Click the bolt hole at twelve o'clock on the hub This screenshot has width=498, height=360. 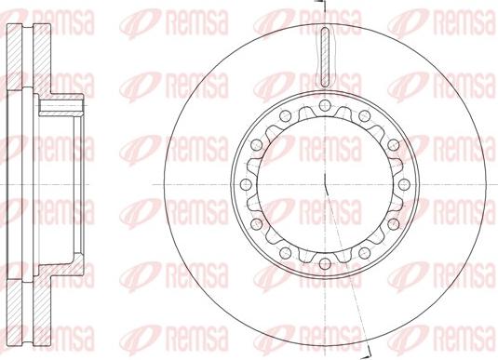coord(324,105)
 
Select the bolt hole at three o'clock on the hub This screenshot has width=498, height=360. coord(404,184)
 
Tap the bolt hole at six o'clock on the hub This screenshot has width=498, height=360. coord(324,264)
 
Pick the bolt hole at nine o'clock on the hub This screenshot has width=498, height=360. coord(245,184)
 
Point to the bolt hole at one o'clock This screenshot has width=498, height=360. coord(364,116)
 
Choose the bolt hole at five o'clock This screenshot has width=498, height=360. coord(364,253)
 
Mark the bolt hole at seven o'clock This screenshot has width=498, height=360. coord(285,253)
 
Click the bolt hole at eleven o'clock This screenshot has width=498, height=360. coord(285,116)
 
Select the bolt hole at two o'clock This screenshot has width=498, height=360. coord(393,145)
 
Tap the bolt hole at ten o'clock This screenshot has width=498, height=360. coord(256,145)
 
